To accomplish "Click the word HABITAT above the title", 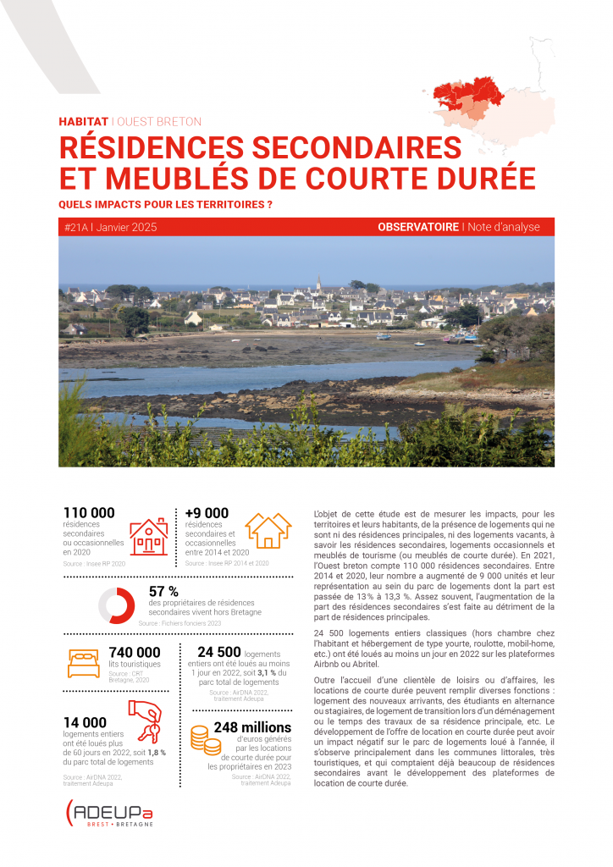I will click(83, 121).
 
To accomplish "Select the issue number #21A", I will click(78, 228).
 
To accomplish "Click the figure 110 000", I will click(89, 512).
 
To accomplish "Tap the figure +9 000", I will click(207, 512).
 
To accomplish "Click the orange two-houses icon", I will click(268, 530).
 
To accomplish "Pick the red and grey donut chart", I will click(117, 605).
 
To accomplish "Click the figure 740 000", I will click(135, 652).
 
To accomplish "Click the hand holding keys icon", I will click(144, 719).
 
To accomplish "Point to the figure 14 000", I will click(85, 721).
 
